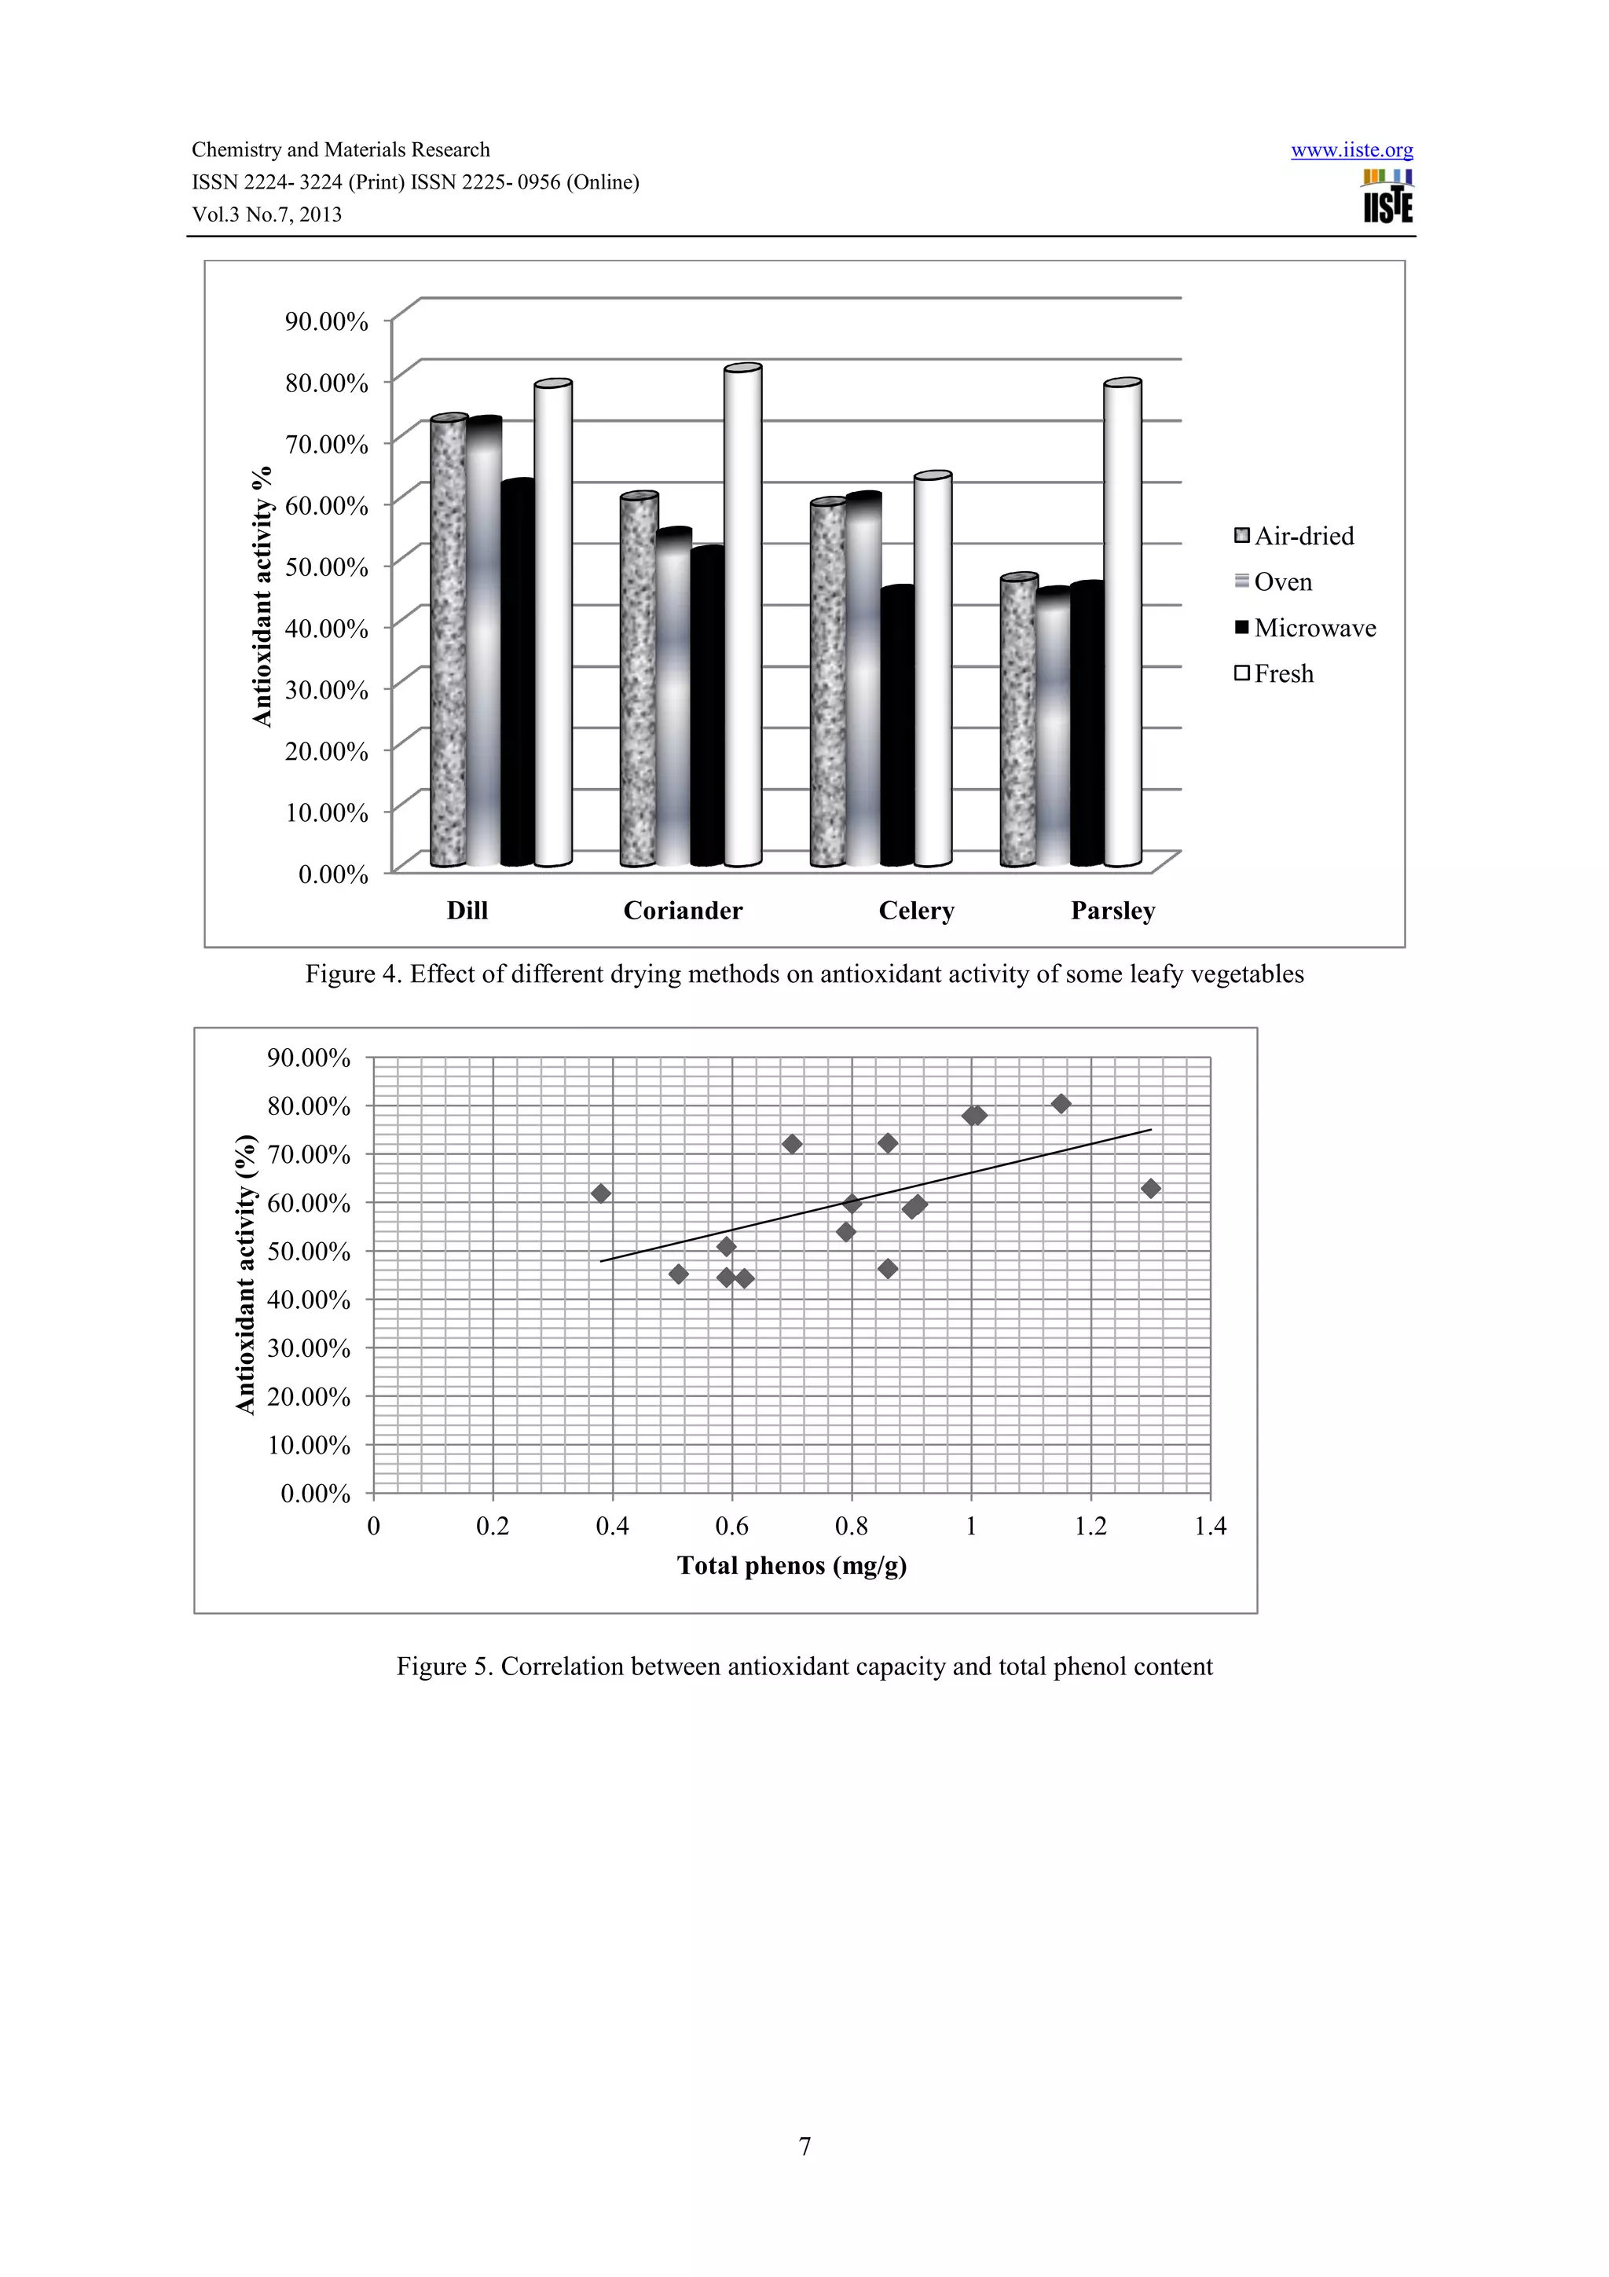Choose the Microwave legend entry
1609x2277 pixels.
1305,628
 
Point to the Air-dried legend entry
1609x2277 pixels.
1294,537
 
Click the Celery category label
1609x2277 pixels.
916,911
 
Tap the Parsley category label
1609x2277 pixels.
1112,911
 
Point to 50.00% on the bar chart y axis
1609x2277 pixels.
326,566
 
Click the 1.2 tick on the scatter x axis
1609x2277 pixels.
1090,1527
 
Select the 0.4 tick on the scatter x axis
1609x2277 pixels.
613,1527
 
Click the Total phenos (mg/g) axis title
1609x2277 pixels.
791,1566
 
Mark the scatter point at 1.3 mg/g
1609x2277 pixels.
1150,1188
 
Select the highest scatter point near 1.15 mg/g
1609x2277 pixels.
1061,1104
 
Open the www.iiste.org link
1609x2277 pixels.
1351,150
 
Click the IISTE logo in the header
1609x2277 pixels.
1387,197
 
